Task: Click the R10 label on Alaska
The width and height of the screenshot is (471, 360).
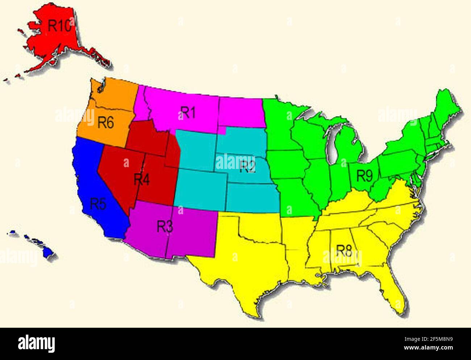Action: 59,26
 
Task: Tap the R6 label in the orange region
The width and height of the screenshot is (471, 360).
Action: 106,123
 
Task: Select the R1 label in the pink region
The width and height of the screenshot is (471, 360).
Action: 188,113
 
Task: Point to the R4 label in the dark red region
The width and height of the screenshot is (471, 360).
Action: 142,179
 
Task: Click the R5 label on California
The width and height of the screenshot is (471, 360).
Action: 98,204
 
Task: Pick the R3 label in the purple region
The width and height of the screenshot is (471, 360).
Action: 165,226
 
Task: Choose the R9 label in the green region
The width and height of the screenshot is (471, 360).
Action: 364,176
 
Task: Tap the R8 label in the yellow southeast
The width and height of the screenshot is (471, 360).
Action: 344,250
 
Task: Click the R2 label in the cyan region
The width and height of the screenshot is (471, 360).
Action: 247,166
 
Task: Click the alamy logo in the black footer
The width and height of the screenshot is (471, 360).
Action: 36,343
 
